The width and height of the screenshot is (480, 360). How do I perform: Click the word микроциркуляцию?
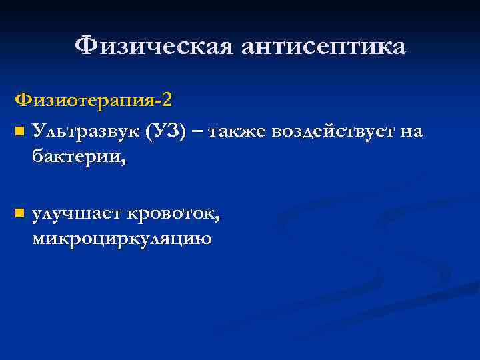(122, 239)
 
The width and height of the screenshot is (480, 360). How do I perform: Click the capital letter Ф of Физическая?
(85, 47)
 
